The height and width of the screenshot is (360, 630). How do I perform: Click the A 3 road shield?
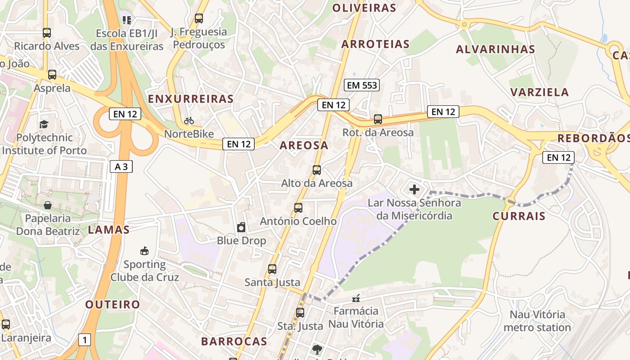[x=121, y=166]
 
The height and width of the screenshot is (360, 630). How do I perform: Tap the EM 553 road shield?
[x=362, y=85]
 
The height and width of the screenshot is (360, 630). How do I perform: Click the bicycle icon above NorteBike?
[x=189, y=121]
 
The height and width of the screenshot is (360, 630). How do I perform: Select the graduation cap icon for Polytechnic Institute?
[x=44, y=124]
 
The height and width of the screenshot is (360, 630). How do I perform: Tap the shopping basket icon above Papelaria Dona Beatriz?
[x=48, y=205]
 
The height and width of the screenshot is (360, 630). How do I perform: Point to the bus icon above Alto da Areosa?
[x=317, y=170]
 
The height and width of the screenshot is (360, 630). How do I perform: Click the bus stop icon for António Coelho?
[x=298, y=208]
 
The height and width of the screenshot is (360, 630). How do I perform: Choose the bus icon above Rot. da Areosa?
[x=378, y=119]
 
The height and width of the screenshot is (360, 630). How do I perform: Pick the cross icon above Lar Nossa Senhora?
[x=414, y=189]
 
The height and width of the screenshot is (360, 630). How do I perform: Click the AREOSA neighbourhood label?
[x=304, y=145]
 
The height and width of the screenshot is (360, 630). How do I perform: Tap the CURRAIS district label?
[x=519, y=216]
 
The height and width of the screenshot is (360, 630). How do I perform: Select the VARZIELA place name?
[x=540, y=92]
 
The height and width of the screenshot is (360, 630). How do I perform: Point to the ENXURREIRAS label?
[x=191, y=99]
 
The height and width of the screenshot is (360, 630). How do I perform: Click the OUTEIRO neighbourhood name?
[x=112, y=305]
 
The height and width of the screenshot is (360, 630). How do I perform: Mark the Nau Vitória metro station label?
[x=537, y=321]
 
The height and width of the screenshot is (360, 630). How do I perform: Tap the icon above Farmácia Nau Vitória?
[x=356, y=298]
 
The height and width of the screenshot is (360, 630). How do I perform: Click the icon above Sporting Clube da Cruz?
[x=144, y=251]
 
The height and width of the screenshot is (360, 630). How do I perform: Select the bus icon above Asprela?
[x=52, y=75]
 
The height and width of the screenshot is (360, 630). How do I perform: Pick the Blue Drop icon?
[x=242, y=227]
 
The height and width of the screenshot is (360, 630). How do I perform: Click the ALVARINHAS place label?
[x=495, y=49]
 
